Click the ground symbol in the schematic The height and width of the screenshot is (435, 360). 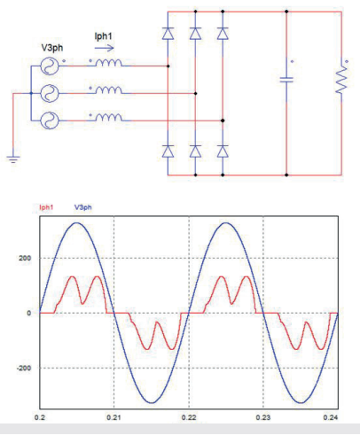(13, 159)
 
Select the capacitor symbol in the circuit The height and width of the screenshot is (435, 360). (286, 80)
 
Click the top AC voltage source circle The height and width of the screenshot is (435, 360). (50, 66)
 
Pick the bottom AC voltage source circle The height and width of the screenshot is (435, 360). (50, 120)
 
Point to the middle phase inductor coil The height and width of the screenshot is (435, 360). (108, 90)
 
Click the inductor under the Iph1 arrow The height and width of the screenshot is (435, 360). (108, 63)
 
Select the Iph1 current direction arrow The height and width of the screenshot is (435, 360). (104, 48)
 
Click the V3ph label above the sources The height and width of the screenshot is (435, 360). (52, 48)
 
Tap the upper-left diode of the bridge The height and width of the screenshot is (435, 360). (168, 34)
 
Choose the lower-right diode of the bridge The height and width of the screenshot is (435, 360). (223, 151)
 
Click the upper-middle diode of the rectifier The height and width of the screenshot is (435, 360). (195, 34)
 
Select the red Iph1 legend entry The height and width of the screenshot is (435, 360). (46, 207)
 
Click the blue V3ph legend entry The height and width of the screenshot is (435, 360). (82, 207)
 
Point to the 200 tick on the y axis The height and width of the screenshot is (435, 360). (25, 258)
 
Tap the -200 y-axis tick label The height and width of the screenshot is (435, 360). (24, 369)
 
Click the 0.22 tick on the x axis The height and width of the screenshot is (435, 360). (189, 417)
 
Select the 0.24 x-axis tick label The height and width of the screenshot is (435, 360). (331, 417)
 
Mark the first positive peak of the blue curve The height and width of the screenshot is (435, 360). (77, 222)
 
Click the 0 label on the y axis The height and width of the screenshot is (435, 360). (28, 313)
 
